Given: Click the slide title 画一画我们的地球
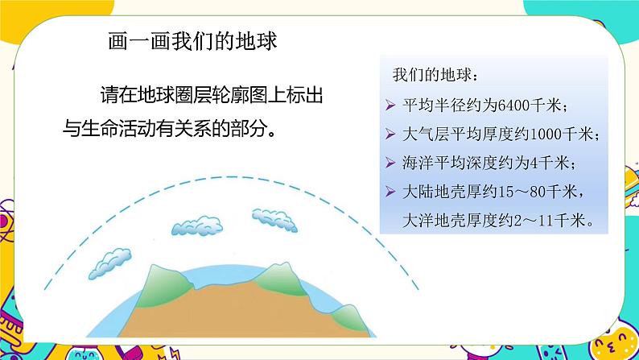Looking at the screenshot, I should click(x=192, y=41).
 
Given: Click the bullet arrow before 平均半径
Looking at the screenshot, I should click(x=390, y=106).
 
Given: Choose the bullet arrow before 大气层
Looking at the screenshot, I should click(x=390, y=134).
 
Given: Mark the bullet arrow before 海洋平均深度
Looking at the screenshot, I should click(x=390, y=163).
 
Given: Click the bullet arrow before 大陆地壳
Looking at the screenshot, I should click(x=390, y=192).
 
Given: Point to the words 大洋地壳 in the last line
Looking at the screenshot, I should click(x=427, y=220).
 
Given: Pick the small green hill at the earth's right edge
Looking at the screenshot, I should click(x=355, y=312).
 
